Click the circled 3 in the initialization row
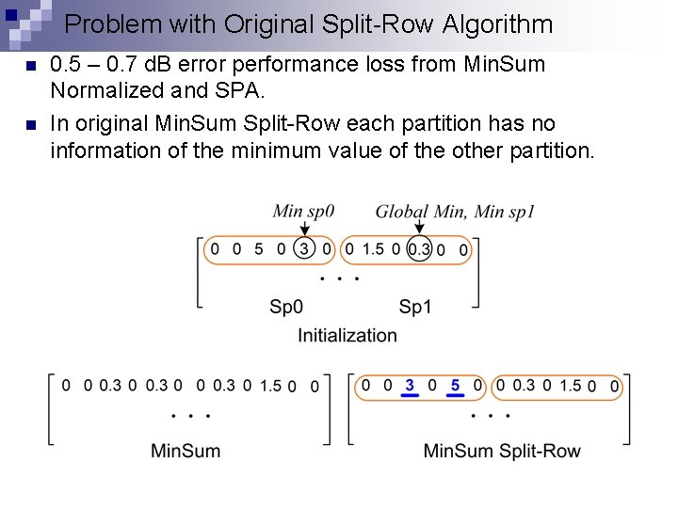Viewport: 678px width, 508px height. click(303, 249)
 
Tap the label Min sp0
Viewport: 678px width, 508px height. click(303, 212)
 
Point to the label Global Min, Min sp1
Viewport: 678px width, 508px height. click(455, 212)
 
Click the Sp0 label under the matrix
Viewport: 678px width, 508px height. click(286, 307)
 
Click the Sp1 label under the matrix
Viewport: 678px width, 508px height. click(415, 307)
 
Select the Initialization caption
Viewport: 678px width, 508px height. click(347, 335)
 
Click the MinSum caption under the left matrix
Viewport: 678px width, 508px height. click(186, 451)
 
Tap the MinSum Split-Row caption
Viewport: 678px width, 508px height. click(502, 451)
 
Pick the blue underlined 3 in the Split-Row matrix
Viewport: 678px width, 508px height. click(409, 386)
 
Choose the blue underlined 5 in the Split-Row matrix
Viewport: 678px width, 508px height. click(455, 386)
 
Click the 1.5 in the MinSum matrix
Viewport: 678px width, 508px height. click(270, 386)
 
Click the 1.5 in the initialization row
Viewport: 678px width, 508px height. click(373, 249)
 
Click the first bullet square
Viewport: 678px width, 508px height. click(29, 66)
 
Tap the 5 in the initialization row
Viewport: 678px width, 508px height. click(258, 249)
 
